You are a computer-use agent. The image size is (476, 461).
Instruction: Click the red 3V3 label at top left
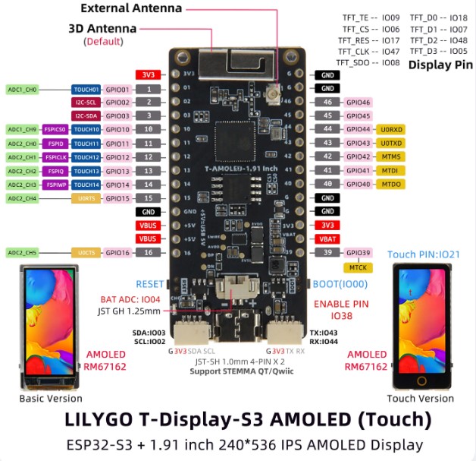coord(146,75)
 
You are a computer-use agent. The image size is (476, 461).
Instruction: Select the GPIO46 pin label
coord(357,103)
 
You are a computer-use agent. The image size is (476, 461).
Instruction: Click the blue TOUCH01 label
coord(86,89)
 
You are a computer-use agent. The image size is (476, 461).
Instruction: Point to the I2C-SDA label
coord(86,115)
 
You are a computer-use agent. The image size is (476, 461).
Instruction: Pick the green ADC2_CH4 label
coord(22,198)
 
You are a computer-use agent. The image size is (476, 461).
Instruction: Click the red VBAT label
coord(327,239)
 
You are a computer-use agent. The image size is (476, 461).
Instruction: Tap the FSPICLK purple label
coord(56,157)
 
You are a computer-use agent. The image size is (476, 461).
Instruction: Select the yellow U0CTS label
coord(85,253)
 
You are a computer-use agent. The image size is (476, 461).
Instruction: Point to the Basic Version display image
coord(45,327)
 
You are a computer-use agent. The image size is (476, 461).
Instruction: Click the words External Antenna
coord(131,9)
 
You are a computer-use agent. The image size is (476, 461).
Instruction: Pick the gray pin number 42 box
coord(327,157)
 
